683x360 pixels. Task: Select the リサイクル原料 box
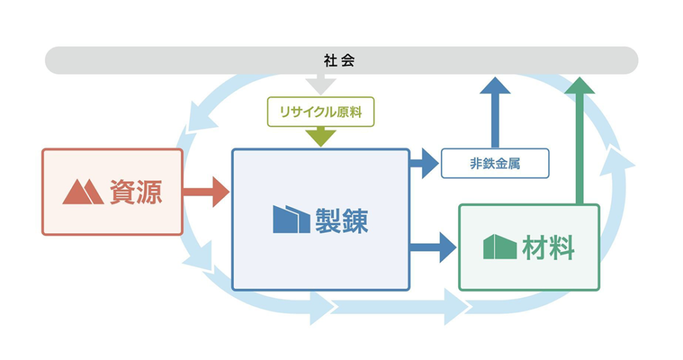click(x=320, y=112)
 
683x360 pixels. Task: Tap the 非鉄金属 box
click(x=494, y=163)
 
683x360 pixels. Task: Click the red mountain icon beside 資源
click(x=83, y=192)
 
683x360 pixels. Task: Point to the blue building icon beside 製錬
click(x=291, y=219)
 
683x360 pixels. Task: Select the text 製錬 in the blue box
click(x=341, y=220)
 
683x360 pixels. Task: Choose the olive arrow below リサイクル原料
click(x=320, y=137)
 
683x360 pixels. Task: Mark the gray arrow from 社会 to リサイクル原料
click(x=320, y=85)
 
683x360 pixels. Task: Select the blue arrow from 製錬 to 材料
click(x=434, y=247)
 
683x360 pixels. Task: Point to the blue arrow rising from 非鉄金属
click(x=495, y=110)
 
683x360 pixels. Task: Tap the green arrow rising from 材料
click(x=580, y=140)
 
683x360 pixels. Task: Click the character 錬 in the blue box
click(x=355, y=220)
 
